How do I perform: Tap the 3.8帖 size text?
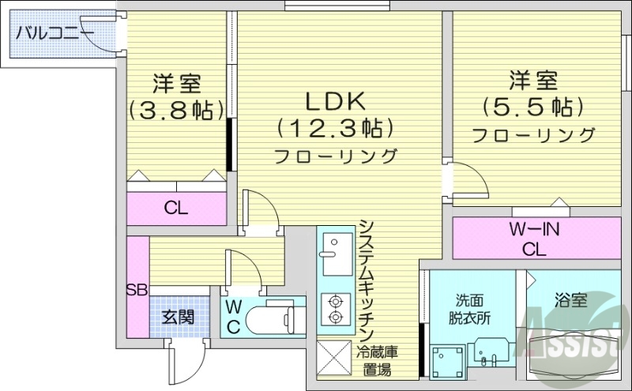tap(176, 109)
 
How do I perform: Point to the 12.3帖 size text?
tap(335, 126)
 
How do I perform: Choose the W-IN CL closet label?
tap(534, 239)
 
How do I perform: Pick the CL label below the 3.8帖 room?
tap(175, 209)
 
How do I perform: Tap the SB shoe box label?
tap(137, 290)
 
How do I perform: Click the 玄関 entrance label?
tap(179, 318)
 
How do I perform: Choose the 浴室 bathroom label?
tap(570, 300)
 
